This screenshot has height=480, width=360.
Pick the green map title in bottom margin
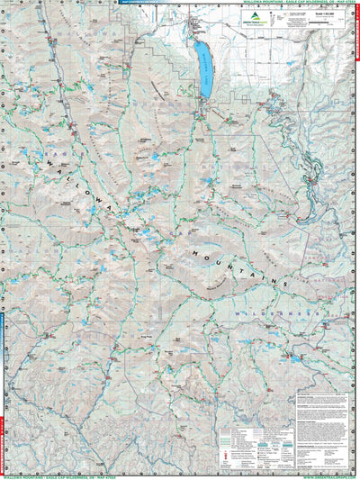(180, 475)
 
